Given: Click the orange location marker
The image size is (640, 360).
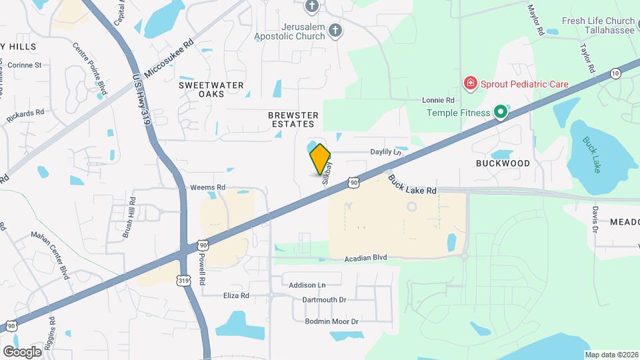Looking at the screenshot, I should coord(321,159).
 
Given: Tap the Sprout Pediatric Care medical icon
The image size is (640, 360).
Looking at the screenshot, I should coord(471,84).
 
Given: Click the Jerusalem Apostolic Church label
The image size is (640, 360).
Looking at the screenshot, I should coord(293,30).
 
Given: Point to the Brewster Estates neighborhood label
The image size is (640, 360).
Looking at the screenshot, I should coord(293,120).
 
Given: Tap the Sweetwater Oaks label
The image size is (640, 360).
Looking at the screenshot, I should coord(211,90).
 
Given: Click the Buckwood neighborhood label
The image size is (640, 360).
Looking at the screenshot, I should coord(503,163).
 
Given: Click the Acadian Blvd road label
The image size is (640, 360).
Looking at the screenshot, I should coord(366,258).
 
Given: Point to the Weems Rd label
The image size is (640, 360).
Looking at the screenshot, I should coord(207,188).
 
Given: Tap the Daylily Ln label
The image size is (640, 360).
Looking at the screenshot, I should coord(387,152).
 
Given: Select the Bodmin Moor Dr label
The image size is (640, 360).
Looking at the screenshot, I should coord(332,321).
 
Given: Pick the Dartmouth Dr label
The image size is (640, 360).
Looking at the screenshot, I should coord(324,300).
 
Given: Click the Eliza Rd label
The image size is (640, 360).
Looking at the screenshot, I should coord(236,295).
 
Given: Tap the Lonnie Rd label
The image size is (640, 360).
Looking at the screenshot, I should coord(438,100).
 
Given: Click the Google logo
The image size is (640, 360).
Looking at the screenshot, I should coord(22,351).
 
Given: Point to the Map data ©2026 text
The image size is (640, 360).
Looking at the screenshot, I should coord(610,355).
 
